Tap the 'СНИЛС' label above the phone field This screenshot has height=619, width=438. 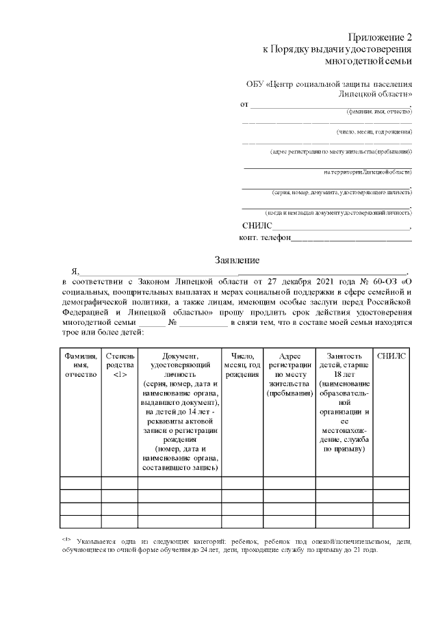257,226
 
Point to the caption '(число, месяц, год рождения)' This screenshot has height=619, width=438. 374,131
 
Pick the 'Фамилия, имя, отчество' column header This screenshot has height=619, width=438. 81,365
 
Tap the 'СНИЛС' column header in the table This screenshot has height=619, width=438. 391,356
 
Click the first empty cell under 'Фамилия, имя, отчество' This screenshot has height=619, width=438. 81,484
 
